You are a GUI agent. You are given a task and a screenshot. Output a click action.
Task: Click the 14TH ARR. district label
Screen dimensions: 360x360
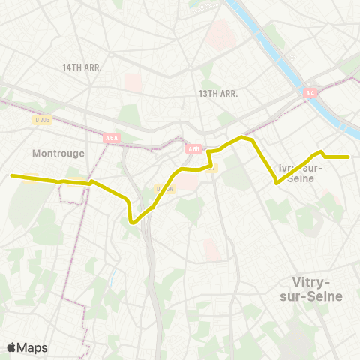click(82, 67)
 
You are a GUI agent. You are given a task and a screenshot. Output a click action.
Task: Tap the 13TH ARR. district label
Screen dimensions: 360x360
click(218, 94)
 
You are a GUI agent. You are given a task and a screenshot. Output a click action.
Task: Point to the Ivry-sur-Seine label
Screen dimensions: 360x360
click(300, 172)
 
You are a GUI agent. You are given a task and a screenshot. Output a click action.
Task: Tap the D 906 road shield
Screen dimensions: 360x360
click(42, 118)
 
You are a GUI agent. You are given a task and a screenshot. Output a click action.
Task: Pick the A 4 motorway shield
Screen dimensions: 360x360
click(310, 93)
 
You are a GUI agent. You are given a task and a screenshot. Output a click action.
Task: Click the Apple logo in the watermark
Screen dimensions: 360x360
click(11, 348)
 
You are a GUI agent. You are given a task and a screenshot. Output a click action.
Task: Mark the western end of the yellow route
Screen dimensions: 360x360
click(12, 176)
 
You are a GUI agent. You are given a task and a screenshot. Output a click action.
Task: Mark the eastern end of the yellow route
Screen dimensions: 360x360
click(349, 157)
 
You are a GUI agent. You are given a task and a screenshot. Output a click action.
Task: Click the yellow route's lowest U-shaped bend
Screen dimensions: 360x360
click(133, 221)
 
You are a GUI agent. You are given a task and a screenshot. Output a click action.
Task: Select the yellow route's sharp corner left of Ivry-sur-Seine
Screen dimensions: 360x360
click(278, 182)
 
